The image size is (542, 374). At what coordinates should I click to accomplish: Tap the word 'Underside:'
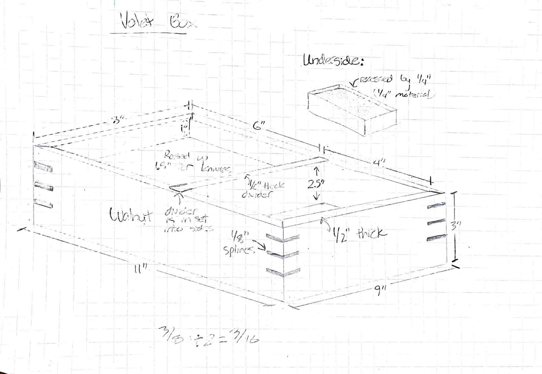[333, 61]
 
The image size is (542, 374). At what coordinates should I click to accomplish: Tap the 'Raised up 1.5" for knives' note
[192, 163]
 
